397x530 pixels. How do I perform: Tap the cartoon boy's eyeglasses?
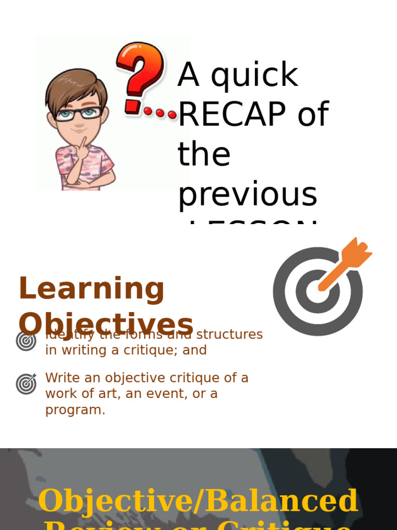[x=79, y=113]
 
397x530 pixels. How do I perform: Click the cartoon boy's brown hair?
[x=75, y=85]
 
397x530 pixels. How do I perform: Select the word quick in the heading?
[x=254, y=76]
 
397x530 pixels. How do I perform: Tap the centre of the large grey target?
[x=317, y=291]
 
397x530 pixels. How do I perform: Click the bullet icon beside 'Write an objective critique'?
[x=26, y=384]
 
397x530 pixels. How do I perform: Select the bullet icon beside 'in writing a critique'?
[x=26, y=341]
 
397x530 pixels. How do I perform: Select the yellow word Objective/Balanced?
[x=198, y=501]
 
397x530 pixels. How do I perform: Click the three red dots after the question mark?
[x=160, y=112]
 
